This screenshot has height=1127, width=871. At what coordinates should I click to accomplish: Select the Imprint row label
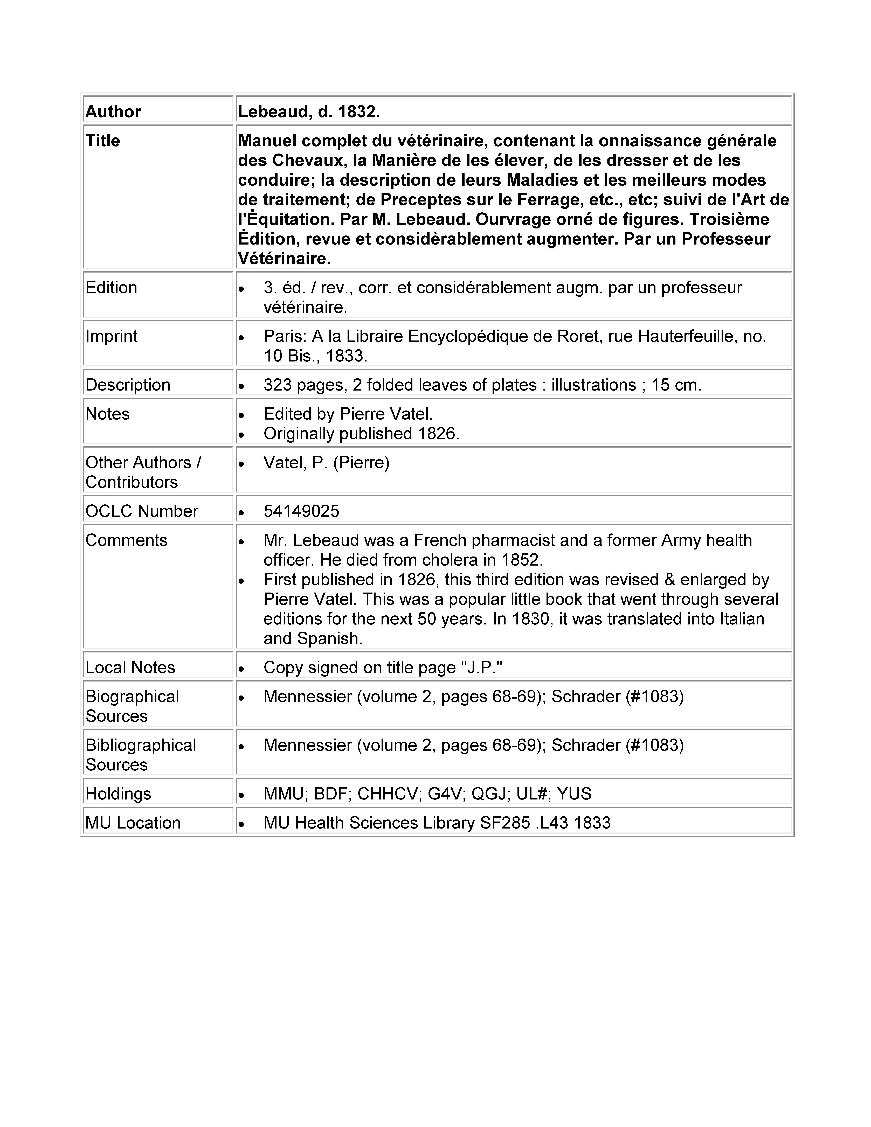coord(112,336)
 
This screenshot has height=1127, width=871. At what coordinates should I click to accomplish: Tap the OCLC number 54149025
coord(301,511)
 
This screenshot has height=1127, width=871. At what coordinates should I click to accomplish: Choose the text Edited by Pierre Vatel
coord(348,414)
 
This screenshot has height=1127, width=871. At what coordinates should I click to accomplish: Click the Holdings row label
coord(118,794)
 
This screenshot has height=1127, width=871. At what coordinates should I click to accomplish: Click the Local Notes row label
coord(130,668)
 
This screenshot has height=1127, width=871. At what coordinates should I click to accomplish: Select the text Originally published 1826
coord(361,433)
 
